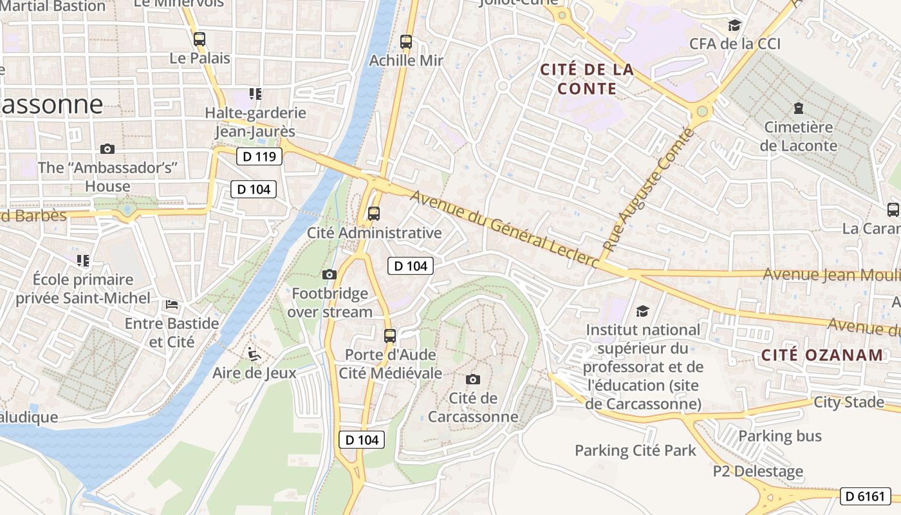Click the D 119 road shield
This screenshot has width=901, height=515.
coord(259,156)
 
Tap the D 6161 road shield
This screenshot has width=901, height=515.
coord(866,496)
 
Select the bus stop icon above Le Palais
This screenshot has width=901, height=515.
coord(200,39)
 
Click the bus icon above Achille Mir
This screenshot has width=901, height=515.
coord(406,42)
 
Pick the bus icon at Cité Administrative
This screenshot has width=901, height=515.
coord(374,214)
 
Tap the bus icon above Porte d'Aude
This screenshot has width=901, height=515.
coord(390,336)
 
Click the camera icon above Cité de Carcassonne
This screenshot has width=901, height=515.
coord(473,379)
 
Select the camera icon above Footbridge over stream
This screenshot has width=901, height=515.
coord(330,275)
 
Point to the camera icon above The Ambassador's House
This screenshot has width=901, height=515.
coord(107,149)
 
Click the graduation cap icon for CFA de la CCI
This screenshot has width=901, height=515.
coord(734,26)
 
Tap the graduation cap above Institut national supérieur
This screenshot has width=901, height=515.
coord(642,312)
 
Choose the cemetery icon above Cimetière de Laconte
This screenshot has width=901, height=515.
coord(799,108)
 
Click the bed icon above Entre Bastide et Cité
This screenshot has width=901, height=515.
coord(172,304)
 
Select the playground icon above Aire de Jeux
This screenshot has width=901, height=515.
coord(254,354)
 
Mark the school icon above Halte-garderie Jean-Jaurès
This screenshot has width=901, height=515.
coord(255,95)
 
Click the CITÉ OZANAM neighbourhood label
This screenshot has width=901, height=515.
coord(822,355)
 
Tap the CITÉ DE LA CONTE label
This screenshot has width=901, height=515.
coord(587,79)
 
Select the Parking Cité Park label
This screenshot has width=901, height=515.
coord(635,450)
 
